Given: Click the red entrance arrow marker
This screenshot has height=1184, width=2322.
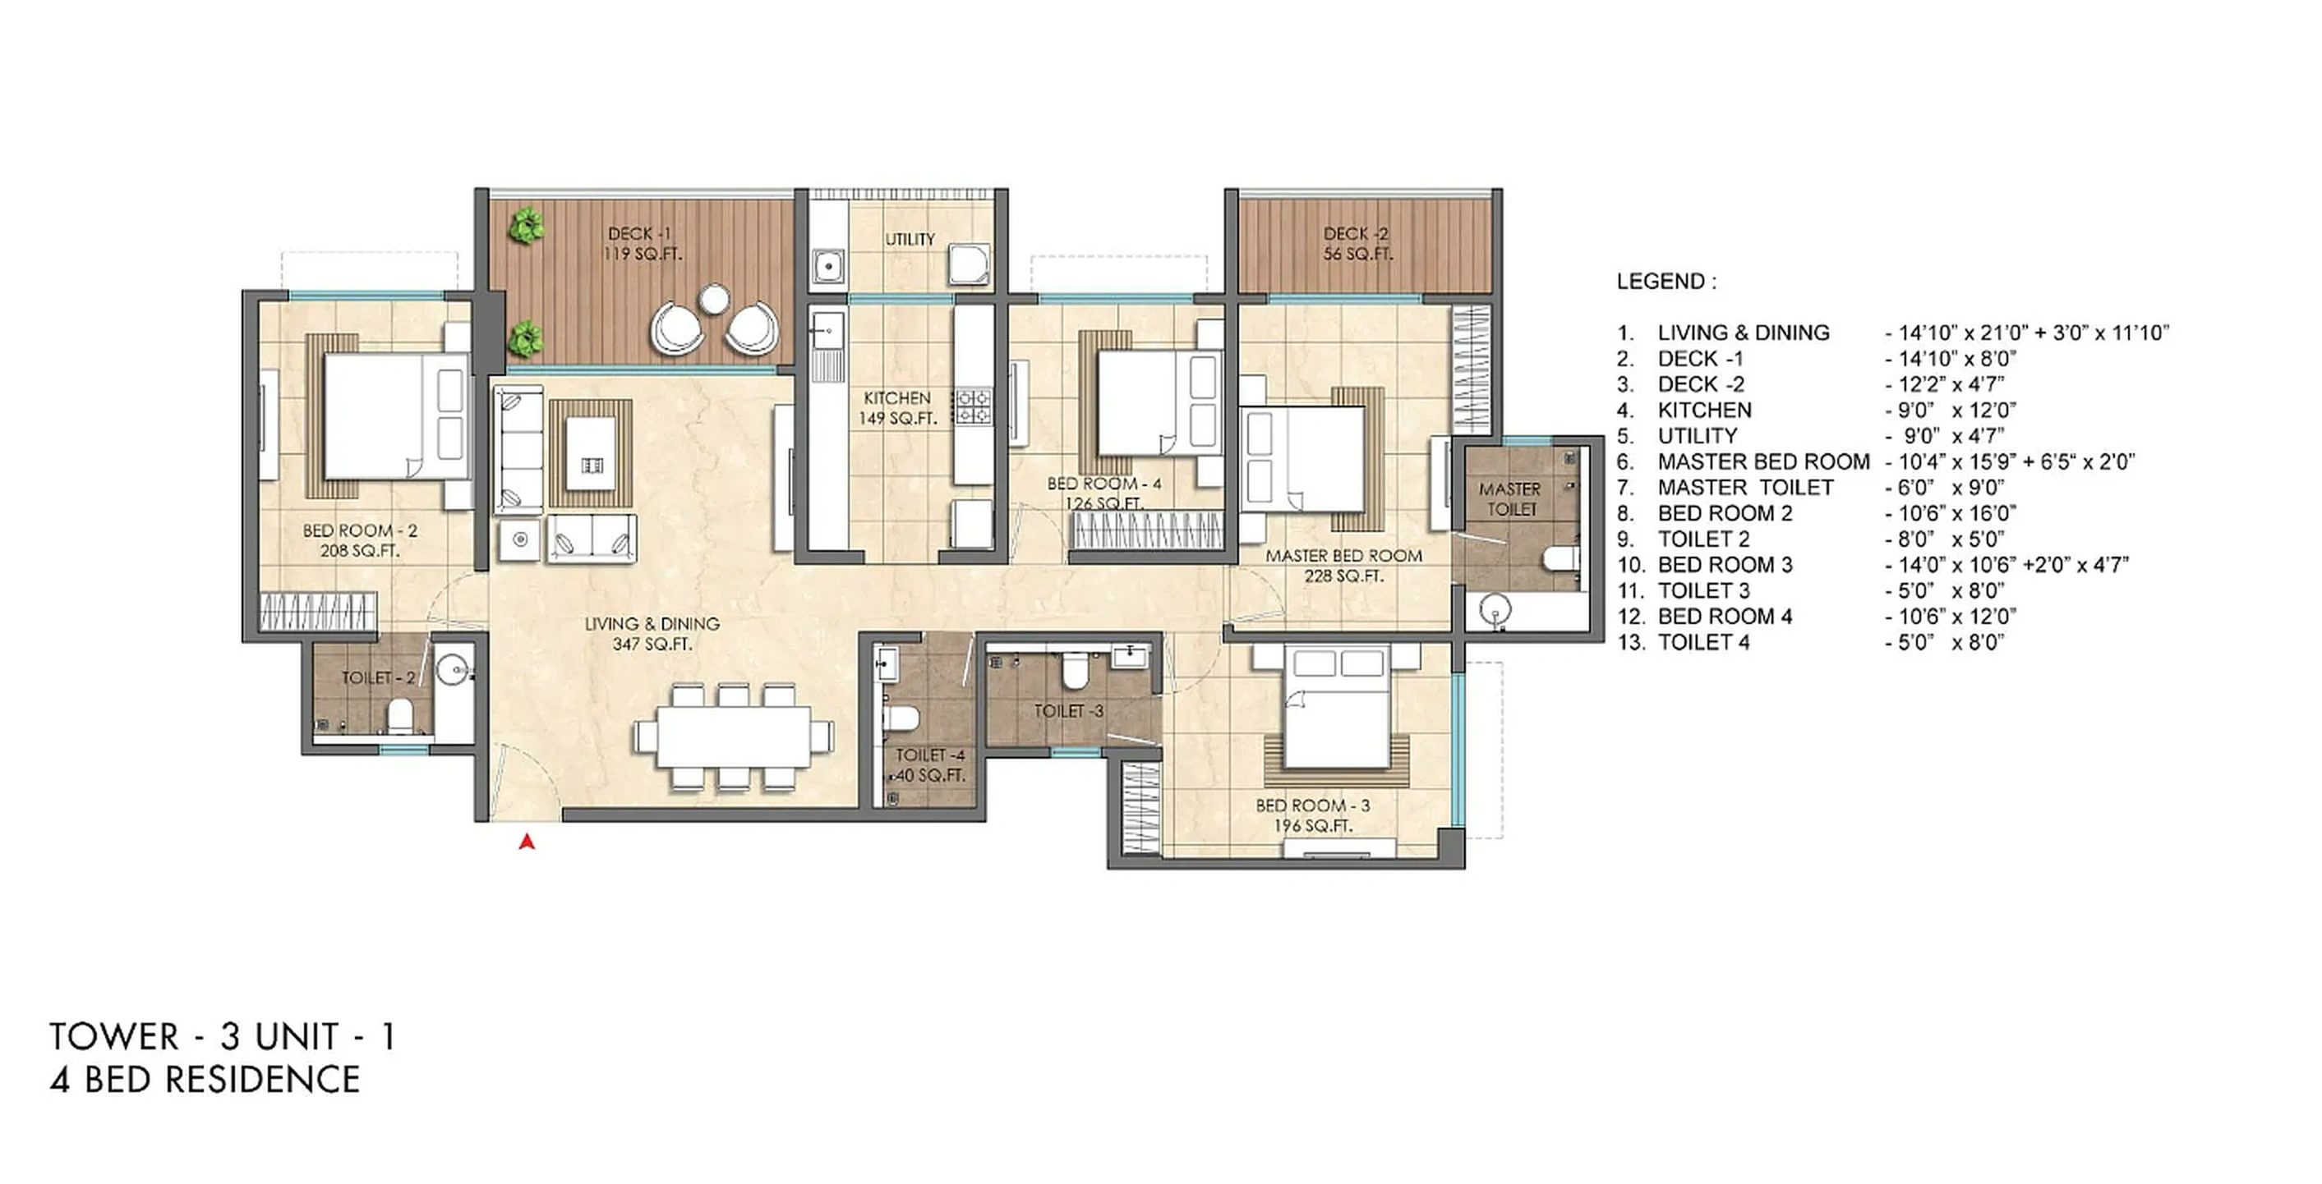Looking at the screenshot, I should [x=528, y=842].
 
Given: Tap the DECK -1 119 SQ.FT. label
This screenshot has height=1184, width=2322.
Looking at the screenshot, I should [x=642, y=244].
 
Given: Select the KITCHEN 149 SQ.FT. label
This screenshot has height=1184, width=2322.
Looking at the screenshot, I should [x=898, y=407].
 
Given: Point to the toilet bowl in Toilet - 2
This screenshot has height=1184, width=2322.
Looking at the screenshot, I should [x=399, y=718].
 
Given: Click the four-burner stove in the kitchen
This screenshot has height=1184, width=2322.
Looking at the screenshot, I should [x=974, y=405].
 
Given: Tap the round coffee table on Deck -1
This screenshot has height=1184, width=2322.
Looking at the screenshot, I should [x=714, y=299].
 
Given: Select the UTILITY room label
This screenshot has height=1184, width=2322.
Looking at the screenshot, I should [x=910, y=239].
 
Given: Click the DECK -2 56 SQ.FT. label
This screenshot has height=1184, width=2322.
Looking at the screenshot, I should [x=1357, y=243].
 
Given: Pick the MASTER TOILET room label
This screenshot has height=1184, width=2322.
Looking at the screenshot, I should [x=1510, y=498].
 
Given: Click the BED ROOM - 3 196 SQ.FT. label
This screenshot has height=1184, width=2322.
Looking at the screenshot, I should [x=1312, y=815].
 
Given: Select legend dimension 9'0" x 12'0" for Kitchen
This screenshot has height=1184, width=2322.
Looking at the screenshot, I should [x=1950, y=410].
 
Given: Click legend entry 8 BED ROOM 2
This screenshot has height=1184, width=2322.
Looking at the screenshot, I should [x=1724, y=514].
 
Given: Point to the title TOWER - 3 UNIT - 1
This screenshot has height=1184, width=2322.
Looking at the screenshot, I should [x=223, y=1037].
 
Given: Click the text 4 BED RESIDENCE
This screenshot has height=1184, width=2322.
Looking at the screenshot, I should [x=205, y=1080].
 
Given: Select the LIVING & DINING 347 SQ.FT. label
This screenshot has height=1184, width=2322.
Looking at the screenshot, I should [x=652, y=632].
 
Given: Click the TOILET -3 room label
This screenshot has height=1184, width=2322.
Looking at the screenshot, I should [x=1068, y=711].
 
